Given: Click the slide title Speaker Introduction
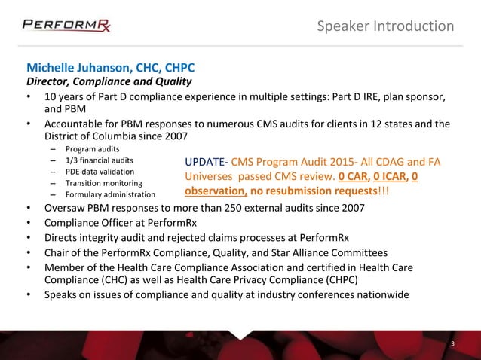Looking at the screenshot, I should pos(385,26).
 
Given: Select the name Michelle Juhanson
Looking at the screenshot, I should pos(81,67).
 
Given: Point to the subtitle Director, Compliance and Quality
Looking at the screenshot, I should pos(109,81).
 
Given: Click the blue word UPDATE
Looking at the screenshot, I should pos(206,163).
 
